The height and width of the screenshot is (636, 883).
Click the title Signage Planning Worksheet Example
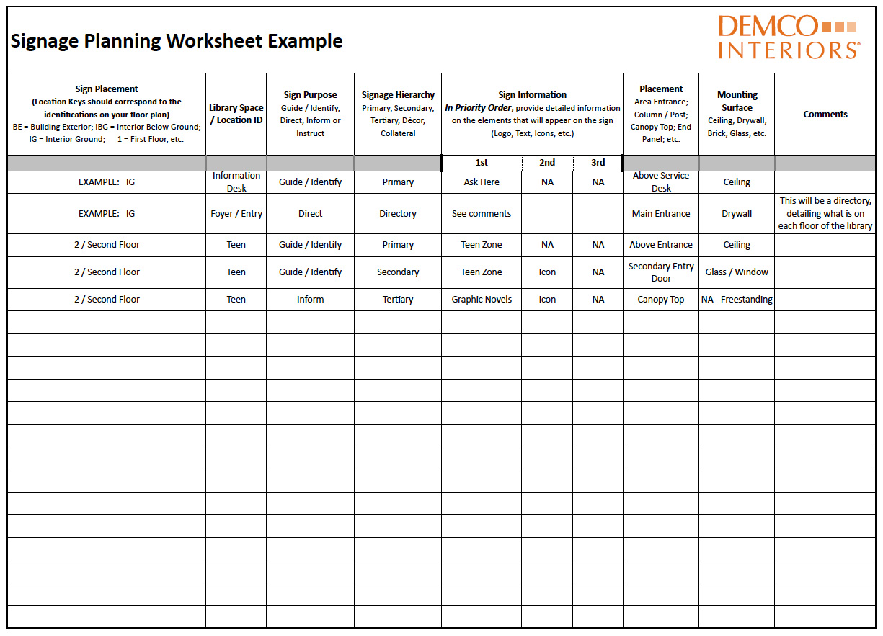click(177, 41)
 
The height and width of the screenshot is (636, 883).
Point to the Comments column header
click(825, 114)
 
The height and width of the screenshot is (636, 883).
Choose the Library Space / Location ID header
click(236, 114)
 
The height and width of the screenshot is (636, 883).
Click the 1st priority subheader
click(482, 163)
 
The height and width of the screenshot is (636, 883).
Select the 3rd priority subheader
click(598, 163)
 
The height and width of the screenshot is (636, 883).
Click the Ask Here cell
click(482, 182)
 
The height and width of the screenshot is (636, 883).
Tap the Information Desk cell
click(236, 182)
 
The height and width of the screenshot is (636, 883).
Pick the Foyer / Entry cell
click(236, 214)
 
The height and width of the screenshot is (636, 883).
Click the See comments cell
click(482, 214)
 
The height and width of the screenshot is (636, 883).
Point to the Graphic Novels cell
click(482, 300)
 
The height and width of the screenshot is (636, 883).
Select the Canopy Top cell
click(661, 300)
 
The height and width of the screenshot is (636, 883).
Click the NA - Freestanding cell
click(737, 300)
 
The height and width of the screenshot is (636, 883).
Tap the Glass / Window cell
click(737, 272)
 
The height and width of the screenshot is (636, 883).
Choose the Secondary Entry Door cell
click(661, 272)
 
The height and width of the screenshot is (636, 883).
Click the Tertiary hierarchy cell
click(398, 300)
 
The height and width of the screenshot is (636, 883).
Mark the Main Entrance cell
click(661, 214)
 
